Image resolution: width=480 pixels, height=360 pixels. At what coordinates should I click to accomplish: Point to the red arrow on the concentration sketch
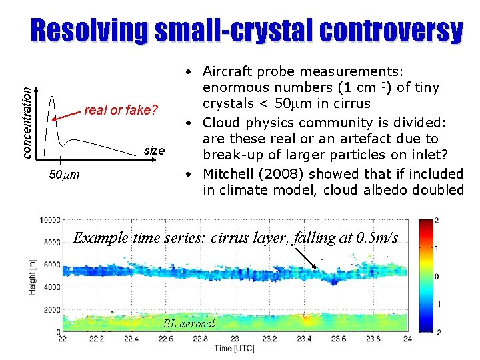(x=67, y=116)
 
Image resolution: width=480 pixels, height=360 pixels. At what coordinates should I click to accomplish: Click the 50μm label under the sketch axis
(x=65, y=175)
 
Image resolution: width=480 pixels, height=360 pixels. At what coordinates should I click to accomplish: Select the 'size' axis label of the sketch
(x=154, y=151)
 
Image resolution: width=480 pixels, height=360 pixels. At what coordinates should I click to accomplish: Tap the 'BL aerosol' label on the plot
(x=189, y=323)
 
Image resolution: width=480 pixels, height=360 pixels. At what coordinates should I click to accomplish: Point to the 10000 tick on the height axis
(x=51, y=220)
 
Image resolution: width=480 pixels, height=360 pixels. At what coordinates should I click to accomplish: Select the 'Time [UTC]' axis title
(x=233, y=348)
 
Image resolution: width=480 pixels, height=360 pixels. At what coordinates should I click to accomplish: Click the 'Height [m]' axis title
(x=31, y=276)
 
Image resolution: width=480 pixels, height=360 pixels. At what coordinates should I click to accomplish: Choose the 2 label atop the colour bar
(x=437, y=220)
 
